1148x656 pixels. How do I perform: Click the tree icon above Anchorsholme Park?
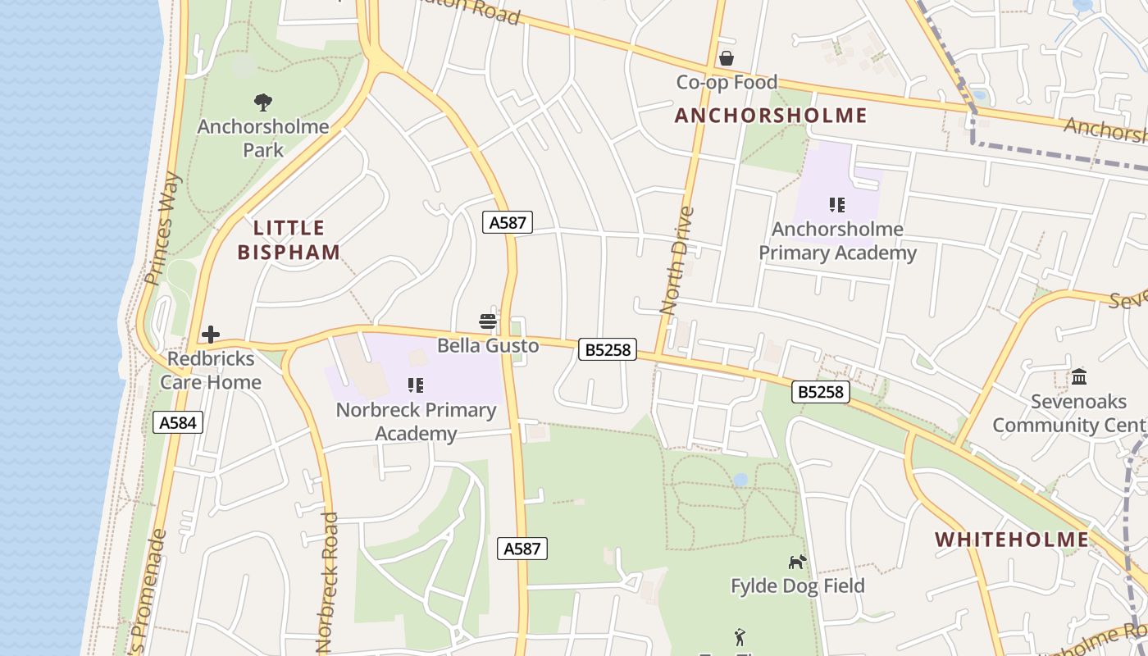click(x=263, y=102)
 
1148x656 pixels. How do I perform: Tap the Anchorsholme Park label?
click(x=263, y=138)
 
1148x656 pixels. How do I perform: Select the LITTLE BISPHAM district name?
click(x=289, y=239)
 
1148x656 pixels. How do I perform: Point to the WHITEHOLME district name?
click(x=1012, y=540)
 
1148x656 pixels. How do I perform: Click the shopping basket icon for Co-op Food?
click(x=726, y=58)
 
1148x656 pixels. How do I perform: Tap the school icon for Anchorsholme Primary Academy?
click(x=836, y=204)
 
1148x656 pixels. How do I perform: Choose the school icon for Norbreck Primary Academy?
click(x=416, y=385)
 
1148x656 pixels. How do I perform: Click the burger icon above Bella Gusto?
click(x=488, y=321)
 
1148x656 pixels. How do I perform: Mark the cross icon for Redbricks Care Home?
click(x=211, y=335)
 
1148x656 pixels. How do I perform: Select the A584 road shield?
click(x=178, y=422)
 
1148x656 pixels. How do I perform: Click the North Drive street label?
click(x=677, y=261)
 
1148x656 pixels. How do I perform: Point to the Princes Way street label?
click(x=162, y=228)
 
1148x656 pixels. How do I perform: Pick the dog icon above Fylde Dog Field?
click(x=797, y=562)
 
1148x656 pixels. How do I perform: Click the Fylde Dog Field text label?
click(x=797, y=585)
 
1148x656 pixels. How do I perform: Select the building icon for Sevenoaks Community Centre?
click(x=1079, y=377)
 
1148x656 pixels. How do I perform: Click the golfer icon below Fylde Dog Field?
click(x=740, y=637)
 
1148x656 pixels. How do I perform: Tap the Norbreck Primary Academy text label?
click(x=416, y=421)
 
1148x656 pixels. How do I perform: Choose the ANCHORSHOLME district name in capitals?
click(x=770, y=116)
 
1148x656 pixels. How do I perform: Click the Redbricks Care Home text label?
click(x=211, y=370)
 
